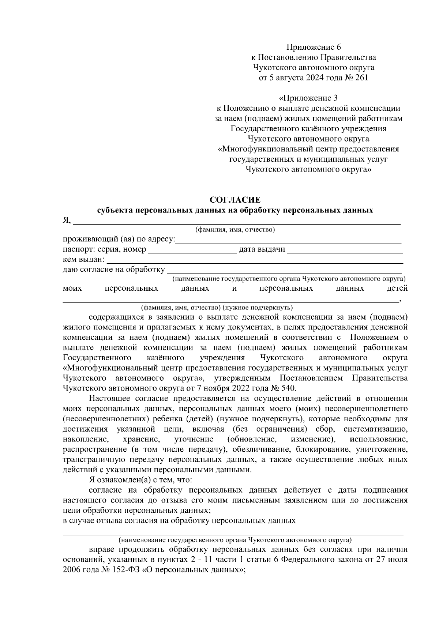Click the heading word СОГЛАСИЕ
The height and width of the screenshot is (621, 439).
(235, 200)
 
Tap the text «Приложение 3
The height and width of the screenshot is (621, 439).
(308, 98)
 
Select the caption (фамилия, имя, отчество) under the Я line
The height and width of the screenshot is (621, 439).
(235, 230)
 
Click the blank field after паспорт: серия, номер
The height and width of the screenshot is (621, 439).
(192, 251)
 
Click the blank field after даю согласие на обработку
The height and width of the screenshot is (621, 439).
(284, 270)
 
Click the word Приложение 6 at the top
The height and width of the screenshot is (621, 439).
(314, 47)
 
